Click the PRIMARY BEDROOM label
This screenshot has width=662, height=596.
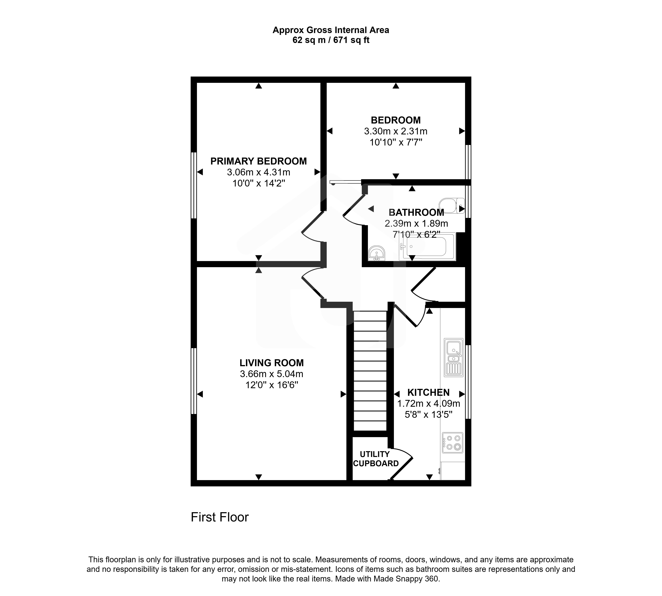tap(258, 161)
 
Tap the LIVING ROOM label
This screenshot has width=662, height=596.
tap(271, 363)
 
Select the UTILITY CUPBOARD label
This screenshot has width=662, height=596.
tap(376, 459)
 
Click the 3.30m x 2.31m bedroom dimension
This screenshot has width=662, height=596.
tap(396, 131)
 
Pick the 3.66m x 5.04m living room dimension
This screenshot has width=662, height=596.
tap(271, 374)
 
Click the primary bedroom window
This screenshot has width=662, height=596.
tap(194, 185)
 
